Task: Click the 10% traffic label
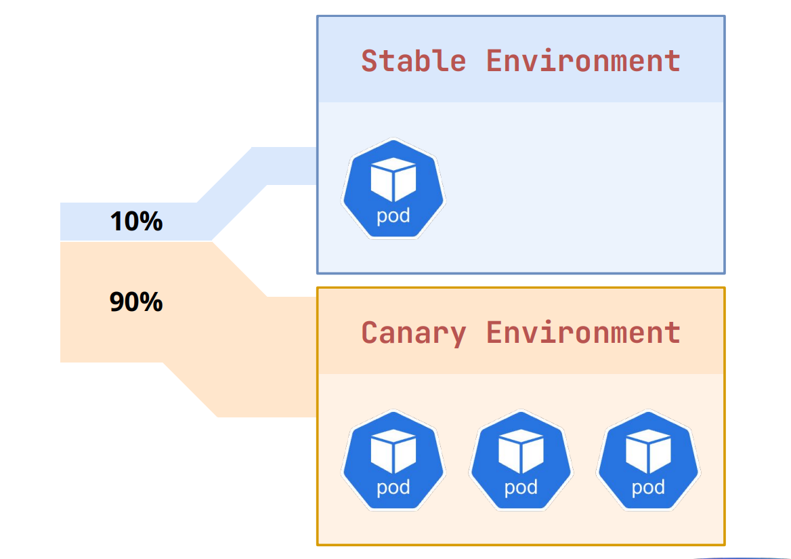pos(136,221)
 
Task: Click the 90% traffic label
pos(136,302)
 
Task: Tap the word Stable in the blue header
pos(414,61)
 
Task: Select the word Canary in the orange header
pos(414,333)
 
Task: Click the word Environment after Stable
pos(583,61)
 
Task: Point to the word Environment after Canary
pos(583,333)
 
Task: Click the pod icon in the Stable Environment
pos(393,188)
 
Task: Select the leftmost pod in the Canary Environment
pos(393,460)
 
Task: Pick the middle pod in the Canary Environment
pos(521,460)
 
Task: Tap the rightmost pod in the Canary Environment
pos(648,460)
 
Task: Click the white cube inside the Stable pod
pos(393,179)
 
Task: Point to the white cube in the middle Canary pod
pos(521,451)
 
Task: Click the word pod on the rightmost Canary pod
pos(648,487)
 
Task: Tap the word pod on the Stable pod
pos(393,216)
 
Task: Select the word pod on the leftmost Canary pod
pos(393,487)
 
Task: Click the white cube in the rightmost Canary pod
pos(648,451)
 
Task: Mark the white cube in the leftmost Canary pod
pos(393,451)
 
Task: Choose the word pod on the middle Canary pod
pos(521,487)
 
